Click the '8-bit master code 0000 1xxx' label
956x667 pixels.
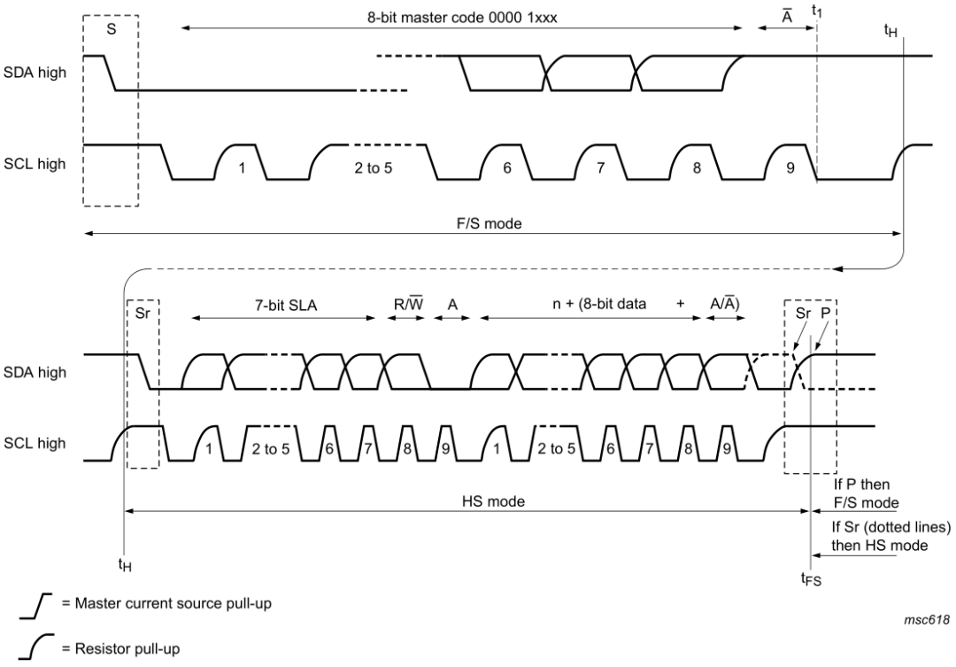coord(461,17)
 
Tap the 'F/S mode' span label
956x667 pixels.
coord(490,224)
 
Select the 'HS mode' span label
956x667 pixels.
coord(493,501)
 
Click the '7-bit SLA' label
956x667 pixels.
coord(285,305)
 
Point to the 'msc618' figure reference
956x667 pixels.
coord(927,620)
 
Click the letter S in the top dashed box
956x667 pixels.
coord(111,28)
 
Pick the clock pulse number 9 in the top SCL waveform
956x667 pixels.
coord(790,167)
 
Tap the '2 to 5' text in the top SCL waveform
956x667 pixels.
coord(374,167)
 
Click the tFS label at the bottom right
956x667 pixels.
coord(811,578)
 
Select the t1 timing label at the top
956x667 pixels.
coord(817,10)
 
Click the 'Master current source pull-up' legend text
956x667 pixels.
coord(166,603)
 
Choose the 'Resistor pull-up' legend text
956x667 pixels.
coord(120,648)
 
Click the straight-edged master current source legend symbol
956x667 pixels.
coord(35,605)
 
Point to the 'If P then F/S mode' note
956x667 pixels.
coord(866,493)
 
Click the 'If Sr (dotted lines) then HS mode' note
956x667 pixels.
coord(891,536)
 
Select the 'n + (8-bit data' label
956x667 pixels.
coord(599,304)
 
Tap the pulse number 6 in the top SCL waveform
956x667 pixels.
coord(507,167)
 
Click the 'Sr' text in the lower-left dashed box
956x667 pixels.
coord(142,314)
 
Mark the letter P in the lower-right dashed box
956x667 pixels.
coord(825,313)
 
